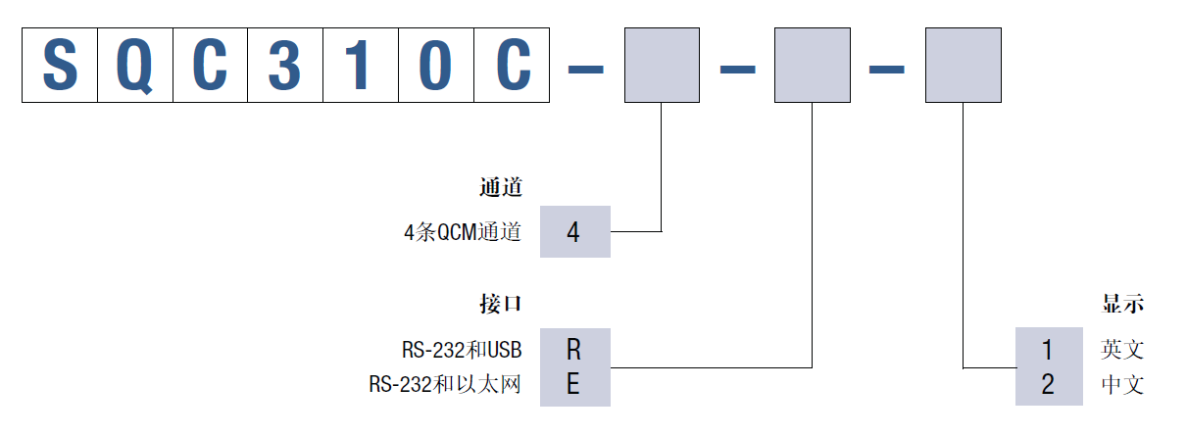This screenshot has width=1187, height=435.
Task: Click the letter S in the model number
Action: click(60, 65)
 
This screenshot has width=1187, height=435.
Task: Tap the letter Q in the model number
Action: click(135, 65)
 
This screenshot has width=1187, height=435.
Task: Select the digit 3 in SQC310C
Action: click(285, 65)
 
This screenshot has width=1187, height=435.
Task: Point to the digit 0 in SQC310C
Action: click(436, 65)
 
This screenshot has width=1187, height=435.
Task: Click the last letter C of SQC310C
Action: click(512, 65)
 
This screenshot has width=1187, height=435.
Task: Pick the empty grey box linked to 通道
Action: click(663, 65)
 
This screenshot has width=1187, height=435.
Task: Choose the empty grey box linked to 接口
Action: click(813, 65)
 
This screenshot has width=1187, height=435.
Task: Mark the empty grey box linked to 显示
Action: click(964, 65)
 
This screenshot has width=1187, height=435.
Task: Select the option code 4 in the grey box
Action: click(574, 232)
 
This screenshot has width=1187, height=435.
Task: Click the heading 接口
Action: click(501, 304)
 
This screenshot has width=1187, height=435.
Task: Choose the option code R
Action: click(574, 349)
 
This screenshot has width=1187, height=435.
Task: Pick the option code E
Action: click(574, 385)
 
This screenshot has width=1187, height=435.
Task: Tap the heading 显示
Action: click(1122, 304)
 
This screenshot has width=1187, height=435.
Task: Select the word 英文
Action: click(1122, 350)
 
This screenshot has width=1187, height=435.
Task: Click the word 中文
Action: click(1122, 385)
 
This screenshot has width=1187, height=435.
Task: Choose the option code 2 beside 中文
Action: click(1048, 385)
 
